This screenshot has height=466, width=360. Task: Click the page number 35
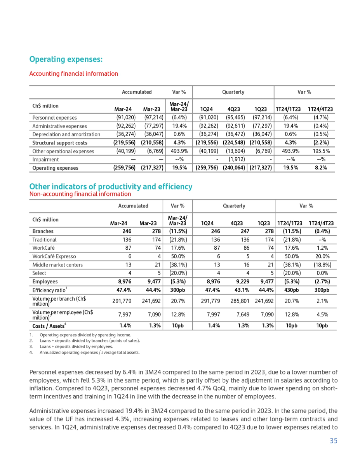click(x=333, y=440)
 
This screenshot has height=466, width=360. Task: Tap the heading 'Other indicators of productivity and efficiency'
click(x=111, y=187)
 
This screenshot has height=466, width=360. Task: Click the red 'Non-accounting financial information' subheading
click(x=80, y=194)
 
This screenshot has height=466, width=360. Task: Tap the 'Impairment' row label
click(x=45, y=160)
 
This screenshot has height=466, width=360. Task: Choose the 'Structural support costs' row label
click(x=60, y=143)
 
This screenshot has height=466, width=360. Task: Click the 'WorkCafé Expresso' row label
click(x=54, y=256)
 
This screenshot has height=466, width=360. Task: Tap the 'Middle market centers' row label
click(x=57, y=265)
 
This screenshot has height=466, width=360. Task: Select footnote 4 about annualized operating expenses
click(x=89, y=353)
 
